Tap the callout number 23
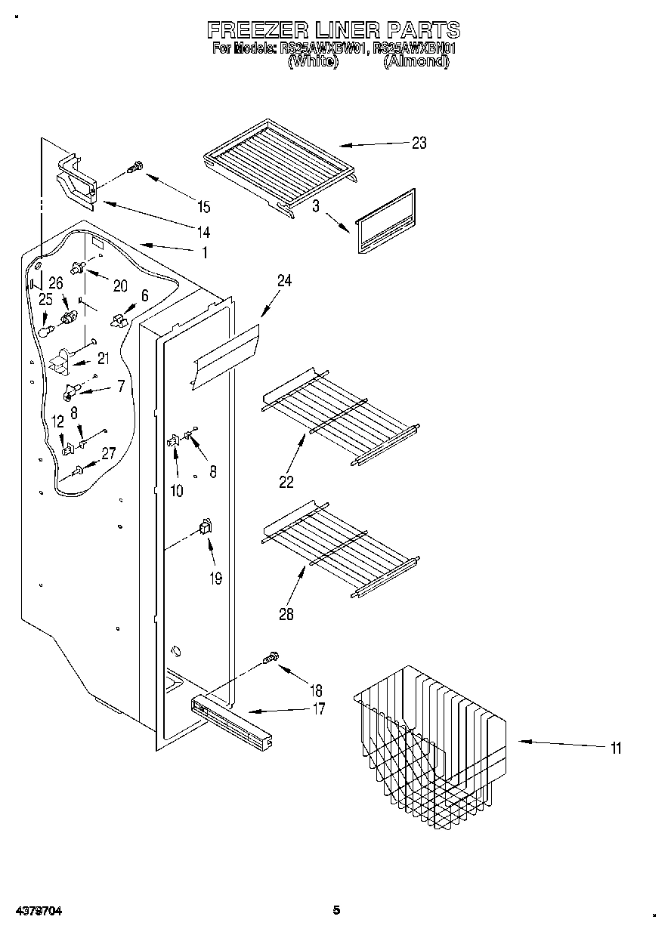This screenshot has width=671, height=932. tap(419, 143)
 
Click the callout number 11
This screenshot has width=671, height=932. tap(616, 748)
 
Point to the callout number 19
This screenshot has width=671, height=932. tap(215, 579)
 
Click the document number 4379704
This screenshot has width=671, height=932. tap(37, 911)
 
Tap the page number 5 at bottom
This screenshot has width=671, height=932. tap(337, 910)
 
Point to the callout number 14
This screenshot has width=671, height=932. tap(204, 231)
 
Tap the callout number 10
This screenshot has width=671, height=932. tap(176, 491)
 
